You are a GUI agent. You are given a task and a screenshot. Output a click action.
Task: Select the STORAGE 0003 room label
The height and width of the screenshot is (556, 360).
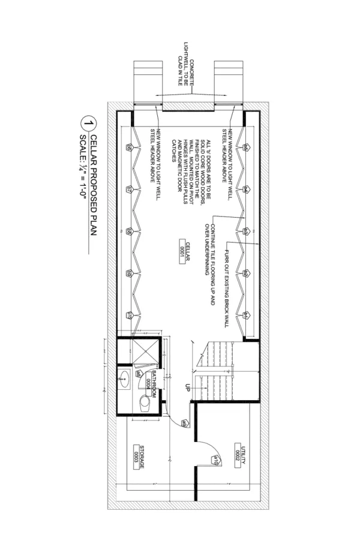click(139, 456)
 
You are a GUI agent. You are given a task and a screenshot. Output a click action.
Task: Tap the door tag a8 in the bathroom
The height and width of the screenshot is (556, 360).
click(138, 374)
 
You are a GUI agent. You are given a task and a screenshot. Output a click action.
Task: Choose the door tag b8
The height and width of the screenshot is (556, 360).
click(129, 231)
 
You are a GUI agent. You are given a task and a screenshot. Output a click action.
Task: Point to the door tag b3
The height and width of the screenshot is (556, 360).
click(246, 231)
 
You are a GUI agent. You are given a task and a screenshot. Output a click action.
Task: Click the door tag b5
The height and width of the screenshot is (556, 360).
click(246, 147)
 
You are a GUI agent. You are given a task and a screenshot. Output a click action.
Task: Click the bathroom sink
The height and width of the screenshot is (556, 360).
click(125, 378)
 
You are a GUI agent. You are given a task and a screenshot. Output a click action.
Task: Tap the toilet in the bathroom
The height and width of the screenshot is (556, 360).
click(145, 401)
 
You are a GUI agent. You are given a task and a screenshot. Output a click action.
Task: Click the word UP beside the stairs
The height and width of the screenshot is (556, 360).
click(187, 388)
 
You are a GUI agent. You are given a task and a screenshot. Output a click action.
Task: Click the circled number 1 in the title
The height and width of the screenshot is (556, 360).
click(88, 125)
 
